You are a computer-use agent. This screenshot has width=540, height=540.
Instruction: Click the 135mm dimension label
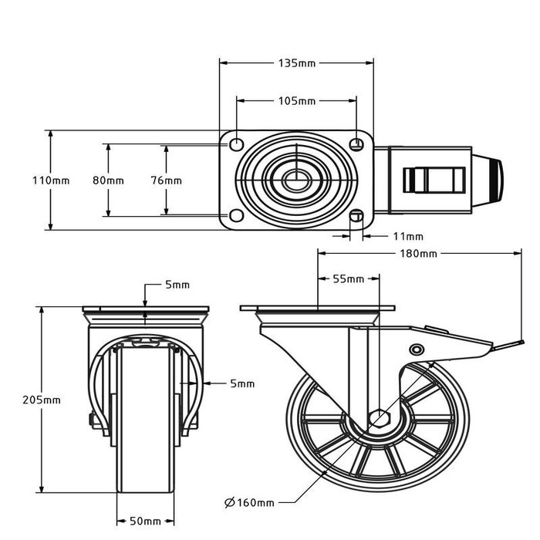[x=296, y=62]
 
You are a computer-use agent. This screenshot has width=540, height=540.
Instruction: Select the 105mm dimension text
[x=296, y=101]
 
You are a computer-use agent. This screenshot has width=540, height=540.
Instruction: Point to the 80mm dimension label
[x=108, y=181]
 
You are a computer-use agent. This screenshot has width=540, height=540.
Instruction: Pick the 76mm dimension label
[x=166, y=181]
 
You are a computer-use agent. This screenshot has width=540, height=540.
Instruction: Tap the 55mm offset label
[x=349, y=278]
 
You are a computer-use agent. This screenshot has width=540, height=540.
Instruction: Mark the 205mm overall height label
[x=42, y=400]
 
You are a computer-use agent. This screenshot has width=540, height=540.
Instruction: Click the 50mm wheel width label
[x=145, y=521]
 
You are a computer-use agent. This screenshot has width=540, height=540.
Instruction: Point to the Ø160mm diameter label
[x=249, y=503]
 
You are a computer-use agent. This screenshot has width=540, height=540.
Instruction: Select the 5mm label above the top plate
[x=177, y=285]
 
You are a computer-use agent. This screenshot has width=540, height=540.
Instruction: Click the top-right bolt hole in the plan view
[x=356, y=143]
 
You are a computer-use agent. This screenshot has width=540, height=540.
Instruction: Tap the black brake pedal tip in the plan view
[x=494, y=181]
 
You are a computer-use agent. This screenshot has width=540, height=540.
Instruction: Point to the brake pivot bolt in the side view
[x=417, y=349]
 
